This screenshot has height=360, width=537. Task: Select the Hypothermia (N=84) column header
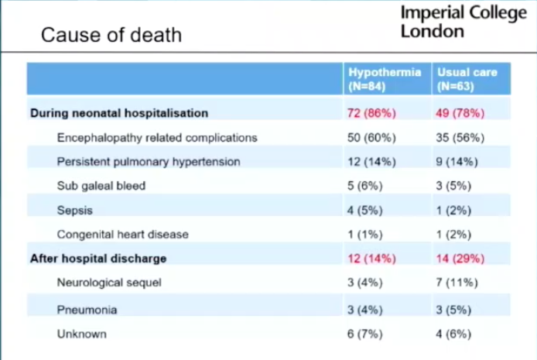click(385, 79)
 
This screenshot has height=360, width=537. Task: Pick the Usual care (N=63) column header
click(467, 79)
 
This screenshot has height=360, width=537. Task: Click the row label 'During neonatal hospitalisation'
click(119, 113)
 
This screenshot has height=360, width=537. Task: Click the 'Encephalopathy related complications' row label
click(156, 138)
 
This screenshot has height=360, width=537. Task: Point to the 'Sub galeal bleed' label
click(101, 186)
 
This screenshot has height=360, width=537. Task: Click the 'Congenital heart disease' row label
click(122, 234)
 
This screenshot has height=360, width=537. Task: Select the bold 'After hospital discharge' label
click(98, 258)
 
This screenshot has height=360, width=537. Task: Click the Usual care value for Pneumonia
click(454, 310)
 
